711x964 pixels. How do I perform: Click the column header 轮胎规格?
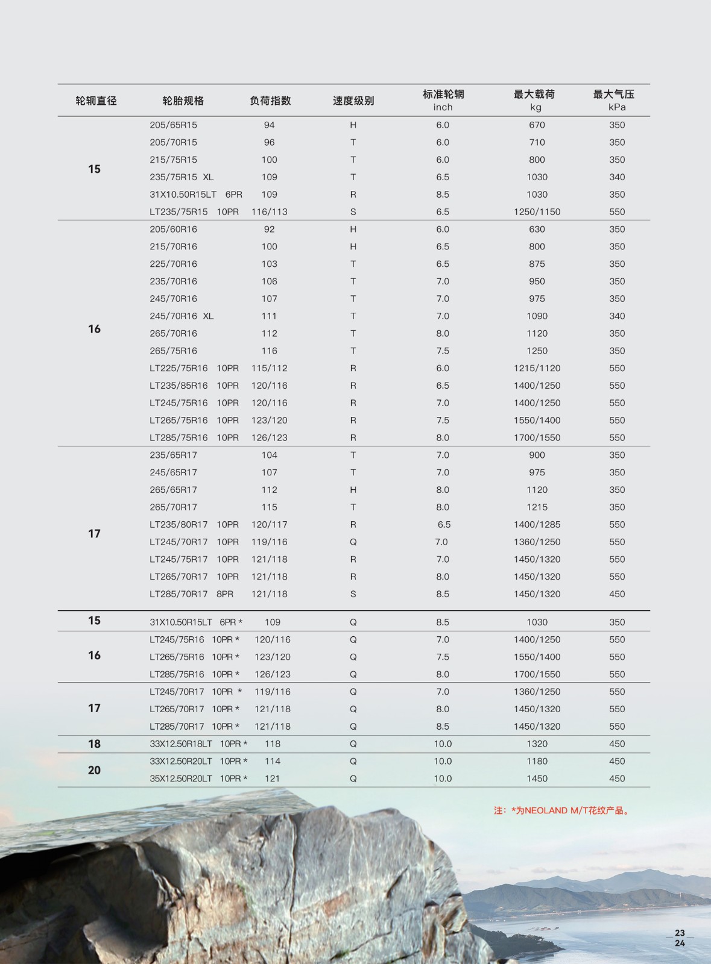tap(183, 101)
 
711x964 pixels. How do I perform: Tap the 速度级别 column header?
tap(353, 101)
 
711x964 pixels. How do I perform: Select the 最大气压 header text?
tap(613, 94)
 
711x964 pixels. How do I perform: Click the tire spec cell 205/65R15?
tap(173, 125)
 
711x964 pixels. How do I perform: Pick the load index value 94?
tap(269, 125)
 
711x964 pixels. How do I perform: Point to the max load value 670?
tap(537, 125)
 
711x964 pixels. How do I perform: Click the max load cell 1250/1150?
tap(537, 211)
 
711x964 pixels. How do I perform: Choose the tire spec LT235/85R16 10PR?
tap(194, 385)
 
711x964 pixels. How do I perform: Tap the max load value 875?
tap(537, 264)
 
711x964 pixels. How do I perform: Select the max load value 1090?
tap(537, 316)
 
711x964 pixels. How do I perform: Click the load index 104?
tap(269, 455)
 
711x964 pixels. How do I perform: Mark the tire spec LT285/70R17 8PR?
tap(191, 593)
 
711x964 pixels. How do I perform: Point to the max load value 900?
tap(537, 455)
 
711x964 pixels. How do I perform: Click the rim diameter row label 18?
tap(94, 743)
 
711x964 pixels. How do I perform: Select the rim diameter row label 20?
tap(94, 770)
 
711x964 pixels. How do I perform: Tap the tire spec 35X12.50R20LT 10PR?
tap(198, 778)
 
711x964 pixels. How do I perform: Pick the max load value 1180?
tap(537, 761)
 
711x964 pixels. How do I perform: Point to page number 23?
tap(680, 933)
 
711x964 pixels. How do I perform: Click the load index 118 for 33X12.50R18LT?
tap(272, 743)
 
